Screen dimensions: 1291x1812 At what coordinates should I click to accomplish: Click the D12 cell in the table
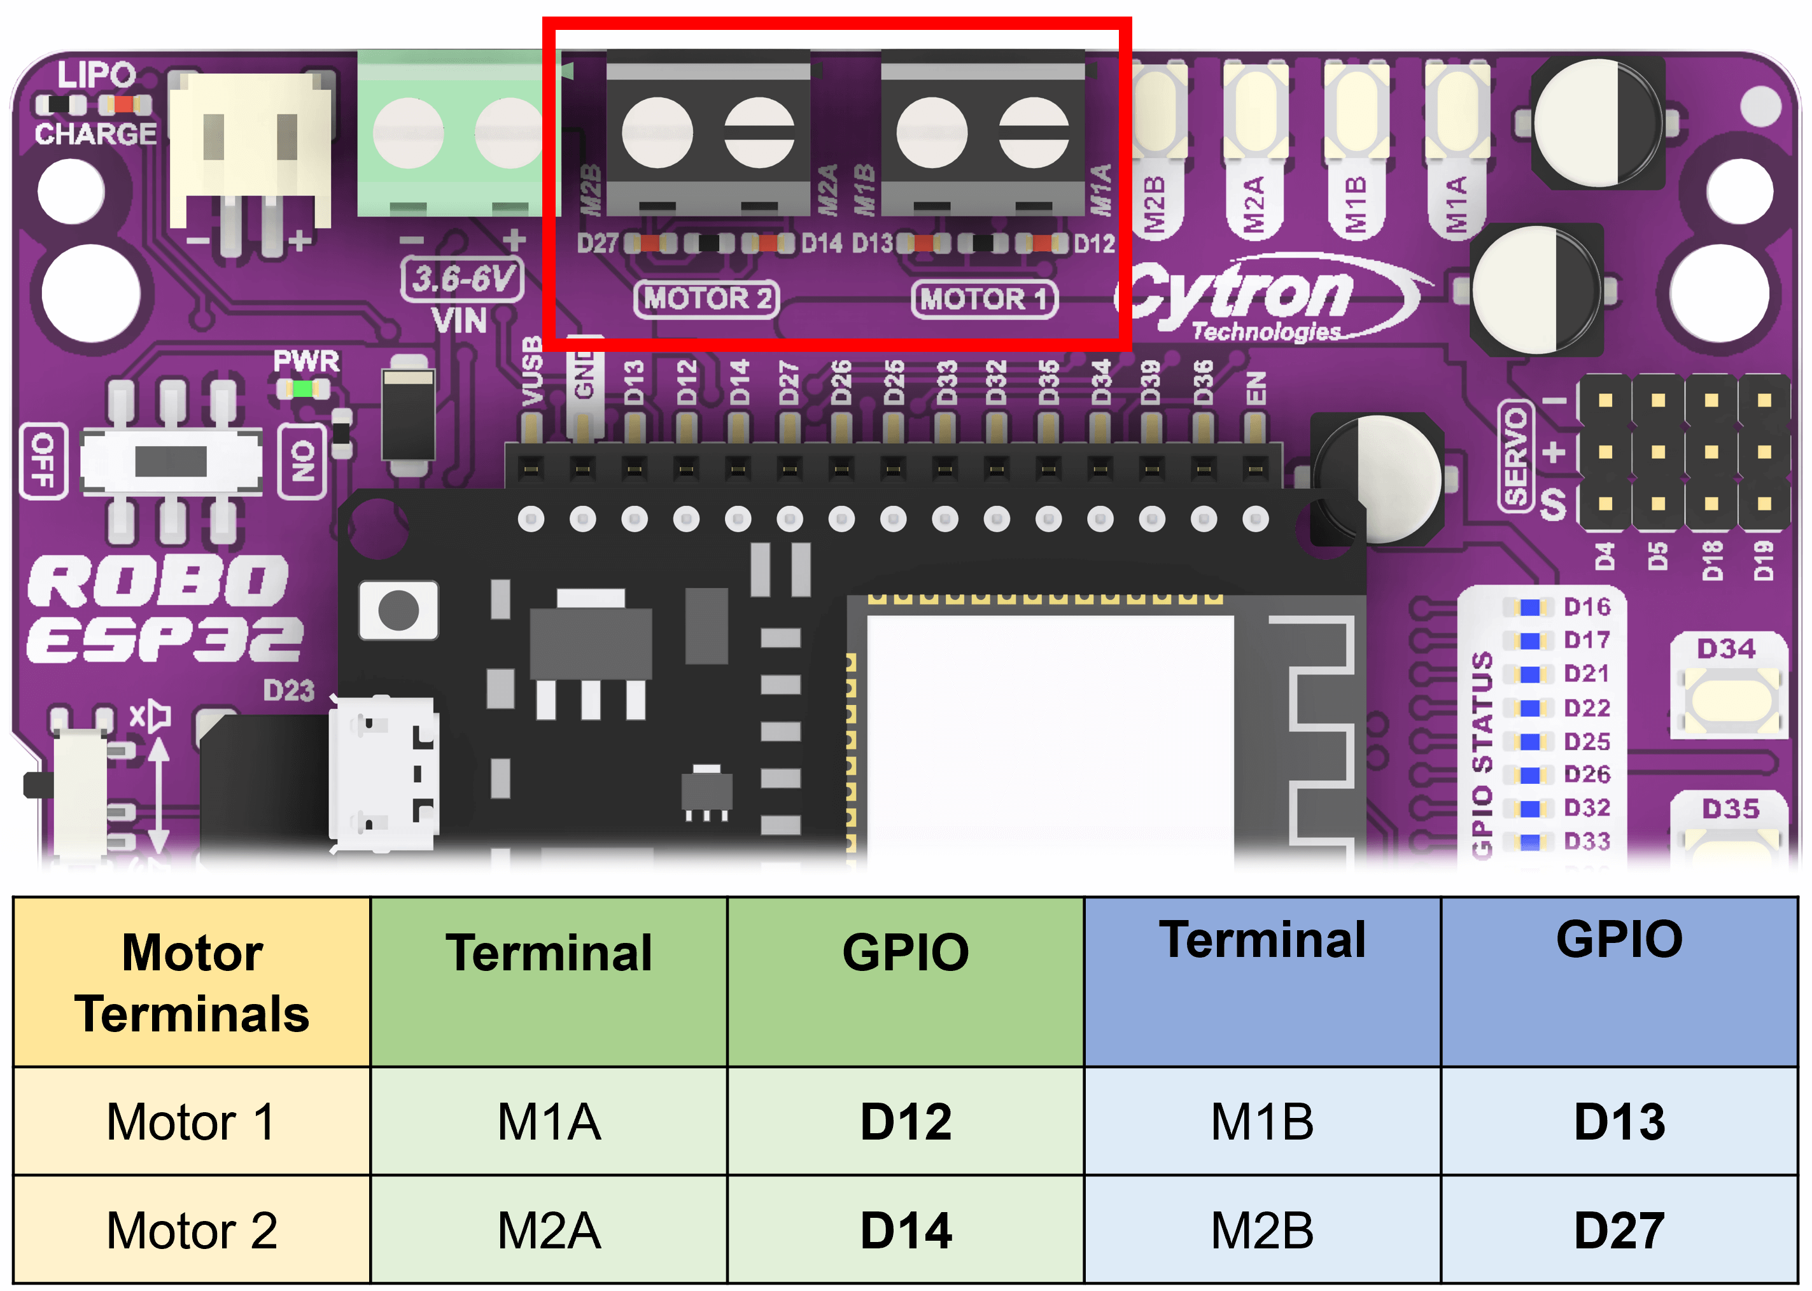tap(906, 1121)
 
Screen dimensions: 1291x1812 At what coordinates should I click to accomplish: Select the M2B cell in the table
tap(1262, 1230)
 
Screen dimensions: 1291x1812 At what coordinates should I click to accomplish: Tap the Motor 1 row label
tap(192, 1121)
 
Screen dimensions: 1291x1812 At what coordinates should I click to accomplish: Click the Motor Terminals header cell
tap(192, 982)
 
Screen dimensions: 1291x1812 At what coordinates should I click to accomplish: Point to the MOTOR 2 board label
tap(706, 299)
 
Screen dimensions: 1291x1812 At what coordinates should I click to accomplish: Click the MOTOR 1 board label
tap(983, 299)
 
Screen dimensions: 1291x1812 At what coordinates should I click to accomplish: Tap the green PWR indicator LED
tap(303, 389)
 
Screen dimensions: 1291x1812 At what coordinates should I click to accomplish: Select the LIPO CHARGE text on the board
tap(95, 103)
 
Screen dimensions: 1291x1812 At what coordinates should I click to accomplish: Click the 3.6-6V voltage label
tap(462, 278)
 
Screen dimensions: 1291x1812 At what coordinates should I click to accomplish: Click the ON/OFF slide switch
tap(171, 461)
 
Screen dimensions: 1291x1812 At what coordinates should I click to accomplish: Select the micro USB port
tap(384, 775)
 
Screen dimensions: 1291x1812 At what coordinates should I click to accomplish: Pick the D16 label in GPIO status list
tap(1586, 606)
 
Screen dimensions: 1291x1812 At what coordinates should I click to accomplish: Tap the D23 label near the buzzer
tap(288, 690)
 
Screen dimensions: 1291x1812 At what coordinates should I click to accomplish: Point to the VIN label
tap(459, 321)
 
